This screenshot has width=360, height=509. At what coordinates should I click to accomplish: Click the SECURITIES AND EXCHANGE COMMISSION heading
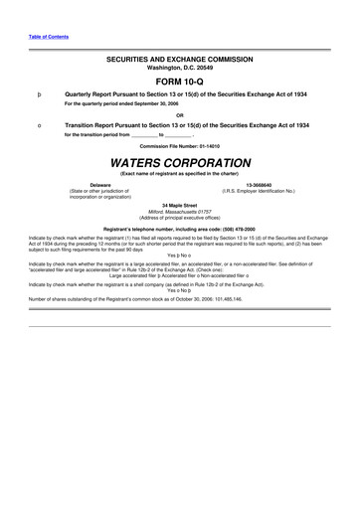[180, 60]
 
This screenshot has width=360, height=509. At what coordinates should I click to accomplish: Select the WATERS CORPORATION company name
[180, 160]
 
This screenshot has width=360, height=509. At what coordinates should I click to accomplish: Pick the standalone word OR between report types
[180, 113]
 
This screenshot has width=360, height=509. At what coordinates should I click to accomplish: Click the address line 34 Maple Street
[180, 205]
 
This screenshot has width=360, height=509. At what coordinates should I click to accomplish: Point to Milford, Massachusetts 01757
[180, 212]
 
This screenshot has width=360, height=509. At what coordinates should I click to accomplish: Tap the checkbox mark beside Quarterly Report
[38, 92]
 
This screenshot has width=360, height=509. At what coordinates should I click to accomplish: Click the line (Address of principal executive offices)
[180, 218]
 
